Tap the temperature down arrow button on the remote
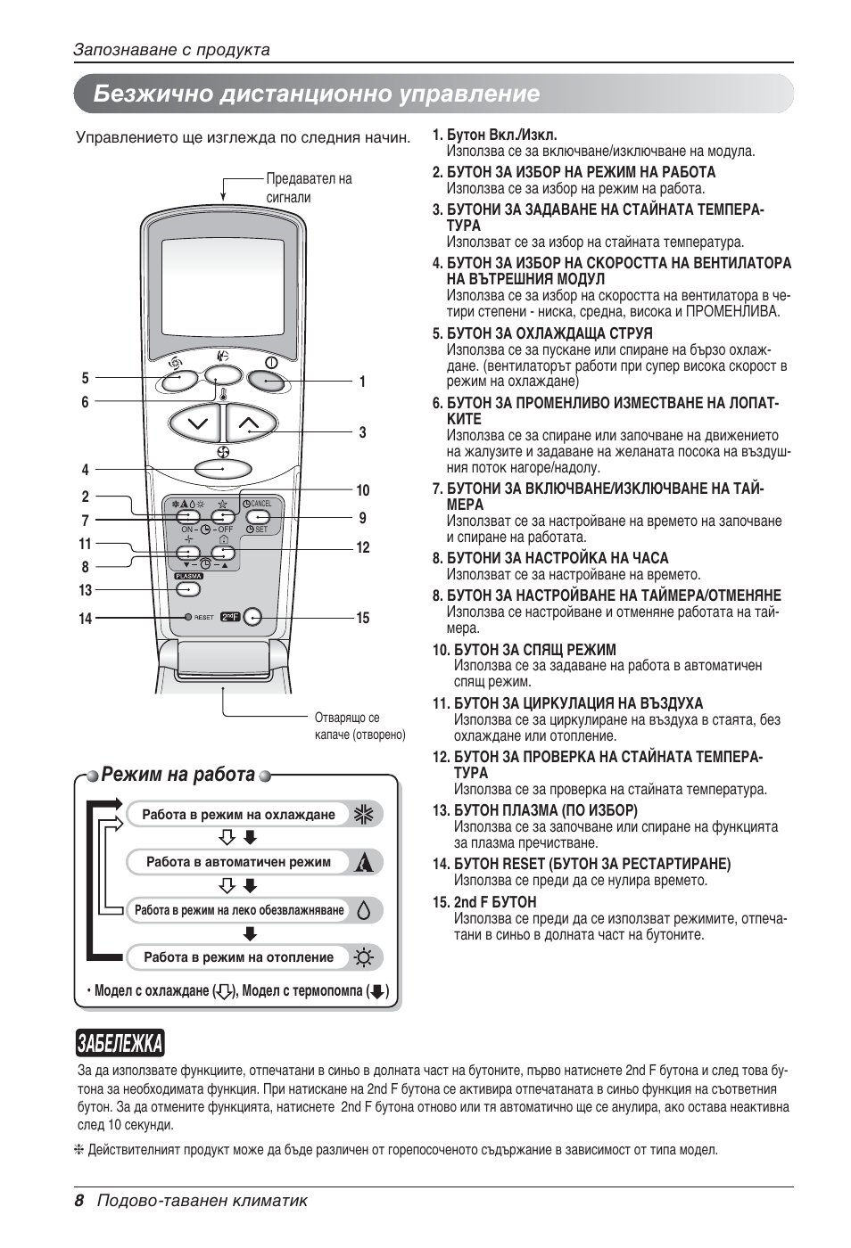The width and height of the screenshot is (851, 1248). coord(195,423)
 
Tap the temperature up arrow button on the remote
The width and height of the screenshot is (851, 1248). coord(250,423)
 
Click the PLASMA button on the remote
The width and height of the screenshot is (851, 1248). coord(187,589)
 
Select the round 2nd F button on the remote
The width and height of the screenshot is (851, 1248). coord(253,617)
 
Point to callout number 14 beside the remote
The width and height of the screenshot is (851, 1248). coord(85,619)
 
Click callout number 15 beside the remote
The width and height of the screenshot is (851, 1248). coord(362,618)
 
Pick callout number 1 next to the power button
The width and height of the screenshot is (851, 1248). coord(362,382)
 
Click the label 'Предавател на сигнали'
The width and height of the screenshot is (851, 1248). coord(309,187)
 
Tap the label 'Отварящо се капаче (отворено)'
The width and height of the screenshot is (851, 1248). coord(359,726)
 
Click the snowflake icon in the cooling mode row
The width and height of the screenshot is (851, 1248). coord(363,814)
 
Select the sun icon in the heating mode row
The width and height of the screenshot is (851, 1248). coord(363,957)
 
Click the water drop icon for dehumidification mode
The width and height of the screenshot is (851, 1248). coord(363,910)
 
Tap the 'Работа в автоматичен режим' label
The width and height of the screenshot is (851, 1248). coord(238,862)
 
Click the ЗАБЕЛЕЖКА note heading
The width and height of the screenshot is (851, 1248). coord(120,1042)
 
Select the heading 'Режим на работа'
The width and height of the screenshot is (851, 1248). coord(178,774)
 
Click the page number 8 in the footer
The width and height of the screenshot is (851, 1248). coord(79,1201)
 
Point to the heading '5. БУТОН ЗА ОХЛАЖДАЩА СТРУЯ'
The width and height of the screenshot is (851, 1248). coord(542,333)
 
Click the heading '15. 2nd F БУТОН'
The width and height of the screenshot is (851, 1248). coord(484,902)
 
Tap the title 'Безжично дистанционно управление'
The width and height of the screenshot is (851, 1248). coord(317,94)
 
